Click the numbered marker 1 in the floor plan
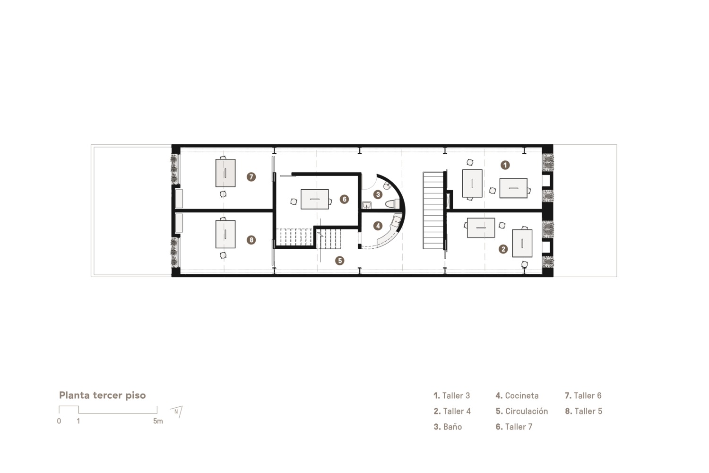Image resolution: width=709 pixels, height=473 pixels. [x=505, y=165]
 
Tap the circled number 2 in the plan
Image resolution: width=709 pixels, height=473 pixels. [x=503, y=249]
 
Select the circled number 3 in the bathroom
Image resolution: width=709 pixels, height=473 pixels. [x=377, y=194]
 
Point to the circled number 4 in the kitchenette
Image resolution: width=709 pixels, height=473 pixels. [x=378, y=226]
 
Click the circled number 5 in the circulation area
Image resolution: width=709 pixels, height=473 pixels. [x=339, y=261]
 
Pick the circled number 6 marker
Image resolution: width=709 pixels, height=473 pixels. [x=344, y=200]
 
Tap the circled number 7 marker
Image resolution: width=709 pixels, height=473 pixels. [x=251, y=177]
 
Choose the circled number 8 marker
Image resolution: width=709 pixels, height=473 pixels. [x=251, y=240]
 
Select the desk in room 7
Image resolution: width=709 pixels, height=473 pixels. [x=225, y=173]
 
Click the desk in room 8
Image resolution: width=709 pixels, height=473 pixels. [x=225, y=234]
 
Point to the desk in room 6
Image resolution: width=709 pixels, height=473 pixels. [x=315, y=199]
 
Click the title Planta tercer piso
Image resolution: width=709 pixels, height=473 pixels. [x=102, y=395]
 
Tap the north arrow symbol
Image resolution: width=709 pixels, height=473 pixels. [x=177, y=412]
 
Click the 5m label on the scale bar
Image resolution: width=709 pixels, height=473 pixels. [x=158, y=421]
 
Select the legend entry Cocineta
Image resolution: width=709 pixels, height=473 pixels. [x=517, y=395]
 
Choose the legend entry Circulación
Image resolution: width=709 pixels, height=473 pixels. [x=522, y=411]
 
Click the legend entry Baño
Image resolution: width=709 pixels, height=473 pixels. [x=448, y=427]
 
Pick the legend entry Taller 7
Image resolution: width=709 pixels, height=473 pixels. [x=514, y=427]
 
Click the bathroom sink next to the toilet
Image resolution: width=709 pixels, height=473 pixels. [x=367, y=205]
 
